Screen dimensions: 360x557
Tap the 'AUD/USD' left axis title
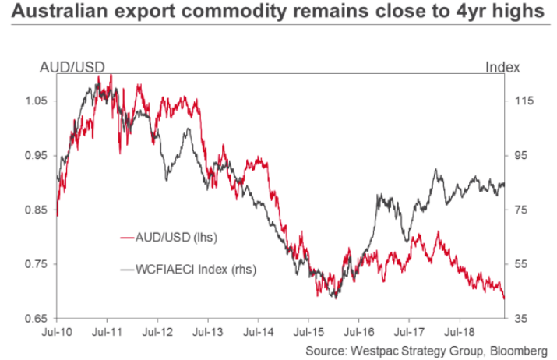[x=72, y=67]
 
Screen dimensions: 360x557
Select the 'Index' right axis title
[x=502, y=67]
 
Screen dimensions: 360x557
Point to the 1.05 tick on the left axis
[x=37, y=101]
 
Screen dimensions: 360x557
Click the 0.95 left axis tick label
[x=37, y=156]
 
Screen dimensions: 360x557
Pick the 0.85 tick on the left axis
[x=37, y=210]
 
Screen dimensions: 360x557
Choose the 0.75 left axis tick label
[x=37, y=265]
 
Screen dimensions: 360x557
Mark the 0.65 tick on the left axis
[x=37, y=319]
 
